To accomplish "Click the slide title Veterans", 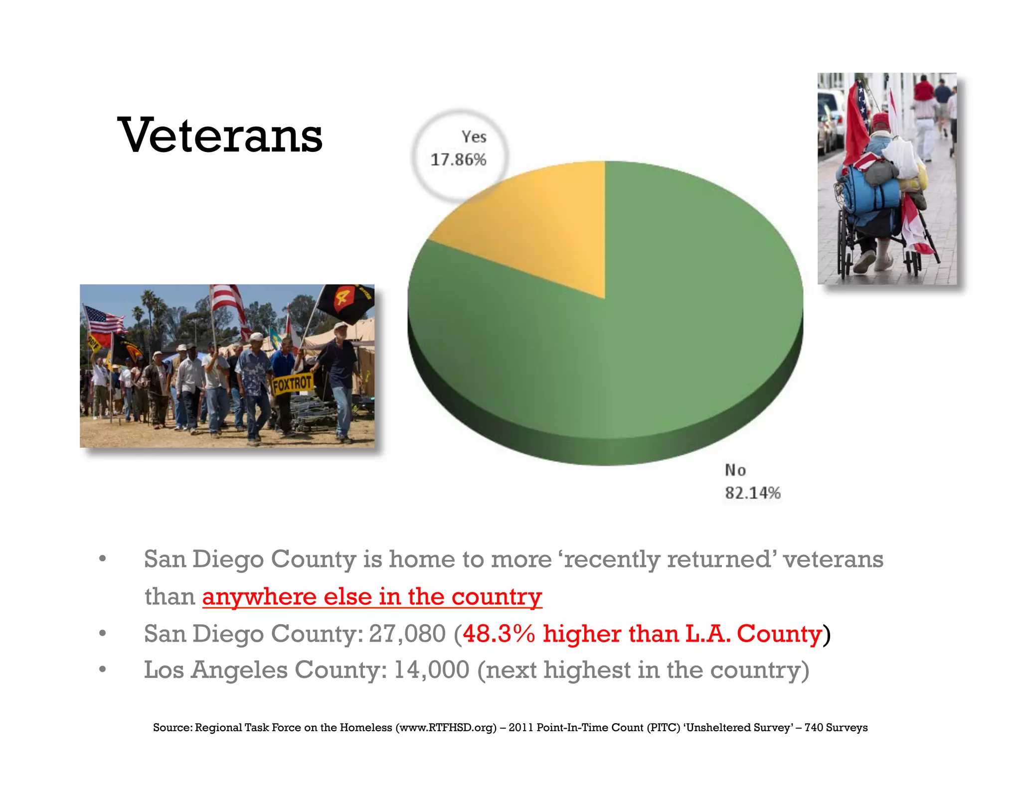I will (220, 135).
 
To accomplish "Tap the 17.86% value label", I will (458, 160).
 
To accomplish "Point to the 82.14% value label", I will (752, 493).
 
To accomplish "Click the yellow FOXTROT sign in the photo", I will (292, 384).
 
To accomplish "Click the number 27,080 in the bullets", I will (407, 634).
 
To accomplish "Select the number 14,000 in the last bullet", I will (432, 670).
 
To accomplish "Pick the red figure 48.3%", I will (499, 634).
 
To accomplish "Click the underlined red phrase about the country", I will (372, 597).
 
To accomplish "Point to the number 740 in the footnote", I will (813, 728).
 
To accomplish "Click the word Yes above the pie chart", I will (474, 137).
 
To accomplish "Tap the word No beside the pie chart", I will (735, 470).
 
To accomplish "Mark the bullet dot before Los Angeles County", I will (102, 670).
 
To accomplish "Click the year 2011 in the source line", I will (520, 728).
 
